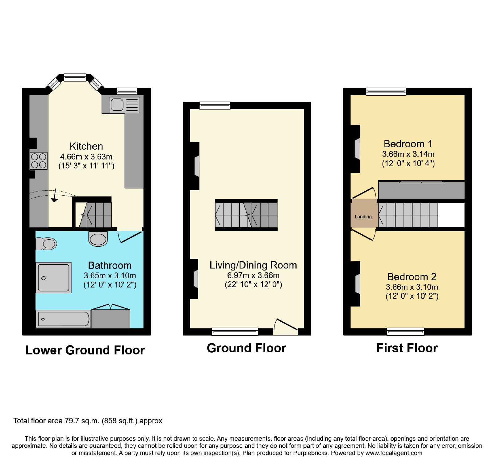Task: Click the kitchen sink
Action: tap(124, 104)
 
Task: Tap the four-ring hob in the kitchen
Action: tap(39, 161)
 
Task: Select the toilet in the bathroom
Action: tap(46, 243)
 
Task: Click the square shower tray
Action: tap(54, 278)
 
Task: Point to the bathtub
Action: tap(63, 319)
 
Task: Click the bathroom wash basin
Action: tap(98, 239)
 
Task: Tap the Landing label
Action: tap(363, 217)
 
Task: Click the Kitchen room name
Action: tap(86, 146)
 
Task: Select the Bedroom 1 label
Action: tap(408, 144)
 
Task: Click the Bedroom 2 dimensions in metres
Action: tap(412, 287)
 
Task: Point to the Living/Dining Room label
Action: tap(253, 265)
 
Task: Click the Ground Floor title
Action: tap(246, 348)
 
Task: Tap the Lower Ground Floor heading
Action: tap(85, 350)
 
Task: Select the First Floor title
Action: tap(407, 348)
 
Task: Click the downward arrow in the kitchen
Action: tap(55, 196)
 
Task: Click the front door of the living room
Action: tap(286, 327)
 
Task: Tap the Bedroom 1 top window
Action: tap(386, 91)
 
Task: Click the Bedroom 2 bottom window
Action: tap(405, 332)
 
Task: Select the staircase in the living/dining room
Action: tap(246, 215)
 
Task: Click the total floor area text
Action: tap(88, 421)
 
